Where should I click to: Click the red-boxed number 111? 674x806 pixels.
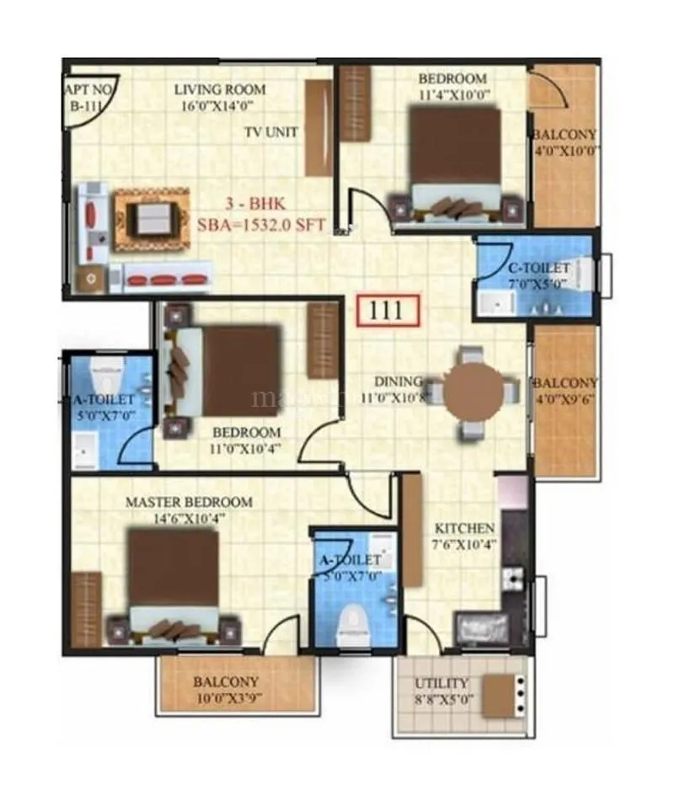tap(388, 310)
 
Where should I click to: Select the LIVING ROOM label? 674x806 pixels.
tap(219, 89)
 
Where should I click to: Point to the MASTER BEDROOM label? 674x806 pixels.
tap(189, 502)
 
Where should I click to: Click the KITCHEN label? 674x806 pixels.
tap(463, 528)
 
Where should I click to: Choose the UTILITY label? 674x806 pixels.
tap(443, 683)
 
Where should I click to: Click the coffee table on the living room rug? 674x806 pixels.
tap(152, 219)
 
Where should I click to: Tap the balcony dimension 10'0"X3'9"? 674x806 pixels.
tap(226, 697)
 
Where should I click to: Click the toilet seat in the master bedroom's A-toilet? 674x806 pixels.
tap(350, 623)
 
